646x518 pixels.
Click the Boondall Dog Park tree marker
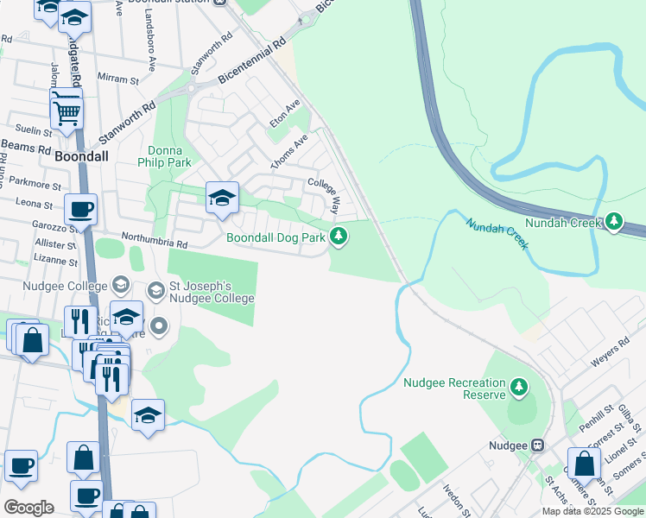click(x=339, y=236)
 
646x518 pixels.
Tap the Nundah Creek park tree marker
click(x=614, y=222)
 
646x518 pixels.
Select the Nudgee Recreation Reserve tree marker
click(x=519, y=387)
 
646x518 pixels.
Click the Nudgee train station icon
click(x=538, y=445)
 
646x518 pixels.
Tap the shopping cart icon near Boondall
click(x=66, y=111)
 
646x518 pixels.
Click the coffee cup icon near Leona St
click(x=80, y=209)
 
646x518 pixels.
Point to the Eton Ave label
click(x=285, y=113)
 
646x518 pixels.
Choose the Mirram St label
click(x=118, y=78)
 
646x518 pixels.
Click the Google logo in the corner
click(x=28, y=508)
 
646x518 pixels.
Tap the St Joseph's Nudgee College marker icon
click(x=155, y=288)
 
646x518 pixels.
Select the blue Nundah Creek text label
click(x=497, y=234)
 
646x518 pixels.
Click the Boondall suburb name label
click(x=80, y=159)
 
